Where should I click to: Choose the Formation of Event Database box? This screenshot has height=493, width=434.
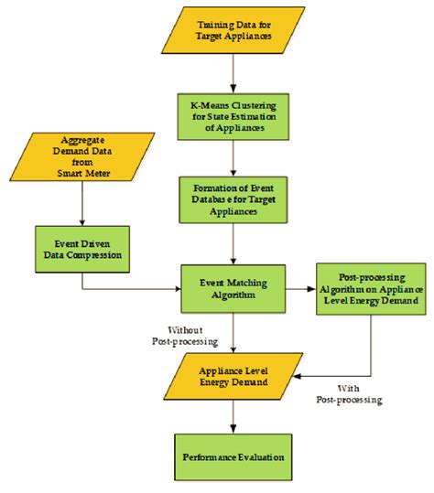[234, 198]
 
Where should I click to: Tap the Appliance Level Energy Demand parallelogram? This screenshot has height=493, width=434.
[234, 375]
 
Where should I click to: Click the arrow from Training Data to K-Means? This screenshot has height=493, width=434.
[234, 71]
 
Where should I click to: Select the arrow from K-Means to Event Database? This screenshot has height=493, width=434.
[234, 155]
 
